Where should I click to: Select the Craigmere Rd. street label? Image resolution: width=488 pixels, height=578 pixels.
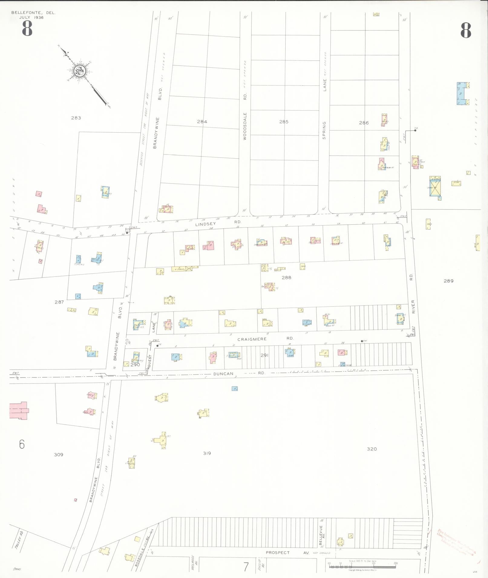(x=265, y=339)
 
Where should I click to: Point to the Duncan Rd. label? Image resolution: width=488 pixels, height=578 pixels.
(x=239, y=373)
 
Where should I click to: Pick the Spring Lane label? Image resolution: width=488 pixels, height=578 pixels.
(x=324, y=109)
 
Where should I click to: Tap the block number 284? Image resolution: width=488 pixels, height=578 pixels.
(x=202, y=122)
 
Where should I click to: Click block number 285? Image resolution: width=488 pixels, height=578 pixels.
(x=284, y=122)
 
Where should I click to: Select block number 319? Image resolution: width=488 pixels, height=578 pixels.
(x=207, y=453)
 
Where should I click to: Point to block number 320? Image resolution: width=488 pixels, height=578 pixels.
(x=372, y=449)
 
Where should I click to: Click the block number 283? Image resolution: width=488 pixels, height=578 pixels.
(x=76, y=118)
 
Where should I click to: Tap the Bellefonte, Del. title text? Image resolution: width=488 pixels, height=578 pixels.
(x=33, y=13)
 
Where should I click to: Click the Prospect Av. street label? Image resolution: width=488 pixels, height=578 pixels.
(x=287, y=553)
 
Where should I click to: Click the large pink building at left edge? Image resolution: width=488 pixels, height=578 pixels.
(x=19, y=410)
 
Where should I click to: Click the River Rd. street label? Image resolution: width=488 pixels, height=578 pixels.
(x=412, y=294)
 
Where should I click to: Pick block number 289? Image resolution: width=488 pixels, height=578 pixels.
(x=448, y=281)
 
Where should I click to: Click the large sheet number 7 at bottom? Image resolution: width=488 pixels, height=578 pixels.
(x=246, y=567)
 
